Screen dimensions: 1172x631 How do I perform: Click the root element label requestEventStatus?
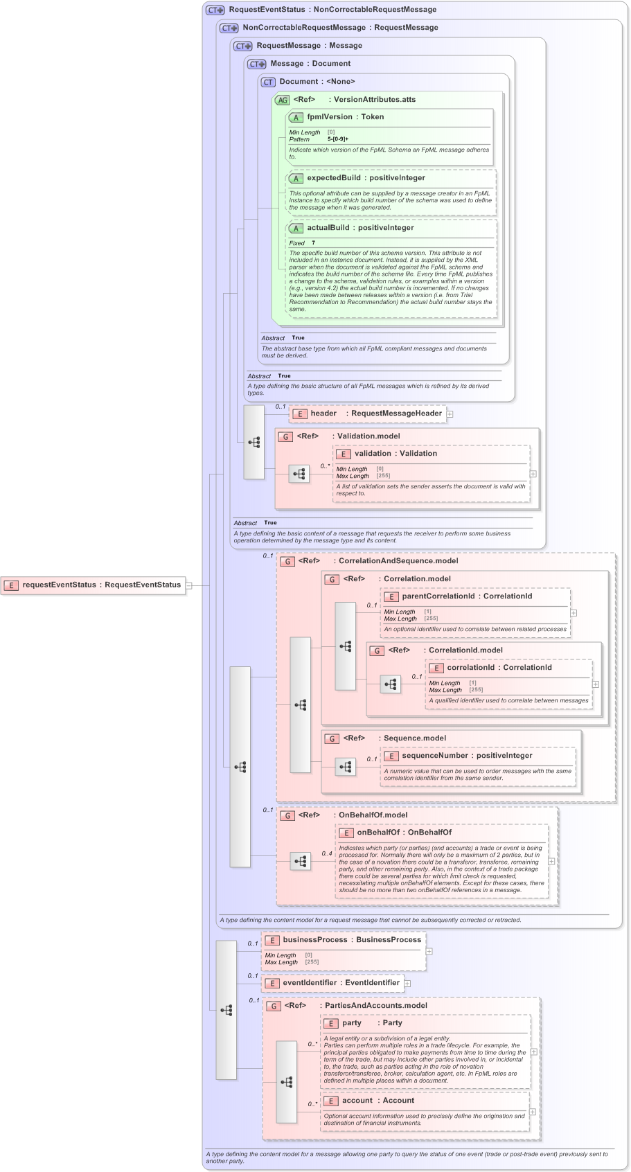click(59, 585)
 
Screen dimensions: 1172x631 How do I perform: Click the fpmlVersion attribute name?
click(330, 117)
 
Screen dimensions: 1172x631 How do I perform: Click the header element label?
click(323, 414)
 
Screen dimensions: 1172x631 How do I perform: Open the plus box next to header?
click(450, 414)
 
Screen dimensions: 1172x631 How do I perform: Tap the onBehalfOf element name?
click(378, 833)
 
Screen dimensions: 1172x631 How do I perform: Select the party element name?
click(352, 1023)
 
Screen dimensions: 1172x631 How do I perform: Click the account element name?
click(357, 1101)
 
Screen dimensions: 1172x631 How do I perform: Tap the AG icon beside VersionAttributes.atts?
click(282, 100)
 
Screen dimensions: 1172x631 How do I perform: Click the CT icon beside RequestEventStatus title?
click(215, 10)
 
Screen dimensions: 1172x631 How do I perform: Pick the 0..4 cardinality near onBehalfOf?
click(327, 854)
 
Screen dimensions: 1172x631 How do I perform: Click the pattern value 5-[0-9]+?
click(338, 139)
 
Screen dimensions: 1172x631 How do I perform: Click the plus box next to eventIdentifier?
click(408, 984)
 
